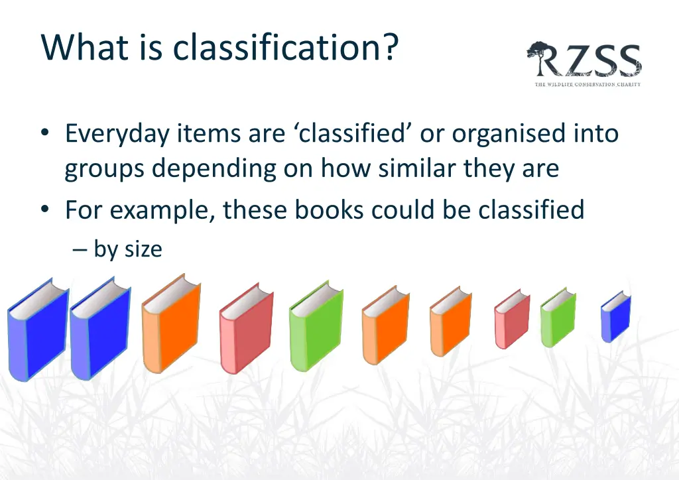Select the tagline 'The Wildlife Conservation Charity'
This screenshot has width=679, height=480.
coord(587,84)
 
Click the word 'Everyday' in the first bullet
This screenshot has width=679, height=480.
coord(116,134)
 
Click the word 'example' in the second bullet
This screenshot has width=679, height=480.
coord(163,211)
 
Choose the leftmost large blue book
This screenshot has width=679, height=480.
coord(38,331)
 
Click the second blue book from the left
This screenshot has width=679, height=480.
coord(100,330)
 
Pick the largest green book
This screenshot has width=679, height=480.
coord(316,327)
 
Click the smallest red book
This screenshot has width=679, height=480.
coord(511,320)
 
